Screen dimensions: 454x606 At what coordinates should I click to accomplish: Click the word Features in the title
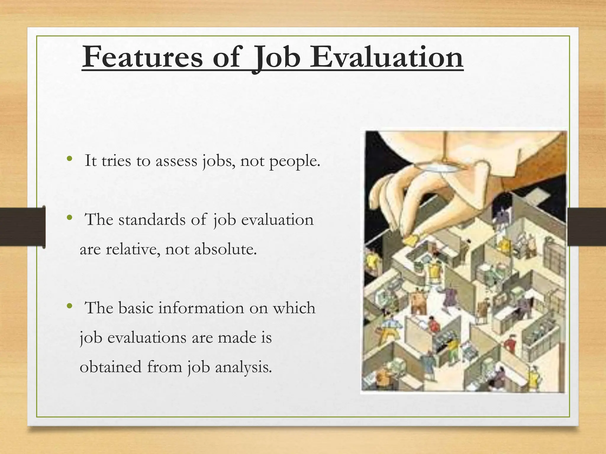[142, 57]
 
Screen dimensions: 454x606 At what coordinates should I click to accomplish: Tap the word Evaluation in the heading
[386, 57]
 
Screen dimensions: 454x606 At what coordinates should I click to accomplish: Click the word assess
[176, 161]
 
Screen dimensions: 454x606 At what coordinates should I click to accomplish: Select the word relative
[133, 249]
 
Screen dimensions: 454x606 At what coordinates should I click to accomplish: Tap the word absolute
[225, 249]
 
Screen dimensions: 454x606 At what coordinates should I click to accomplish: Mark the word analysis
[243, 367]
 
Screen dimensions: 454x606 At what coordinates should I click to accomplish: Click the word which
[294, 308]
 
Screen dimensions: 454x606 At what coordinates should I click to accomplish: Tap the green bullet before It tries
[70, 159]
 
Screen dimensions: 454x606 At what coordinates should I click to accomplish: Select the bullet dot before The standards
[70, 218]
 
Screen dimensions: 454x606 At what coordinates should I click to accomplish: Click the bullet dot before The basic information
[70, 306]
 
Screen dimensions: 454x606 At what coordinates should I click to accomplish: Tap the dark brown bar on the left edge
[22, 227]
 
